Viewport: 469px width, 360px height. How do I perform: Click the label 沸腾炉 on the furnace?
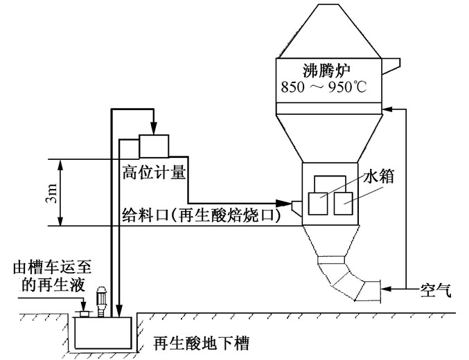tap(328, 71)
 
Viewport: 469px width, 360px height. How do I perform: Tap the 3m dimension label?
tap(45, 193)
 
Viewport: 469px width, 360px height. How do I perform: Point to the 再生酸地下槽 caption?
tap(201, 341)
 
